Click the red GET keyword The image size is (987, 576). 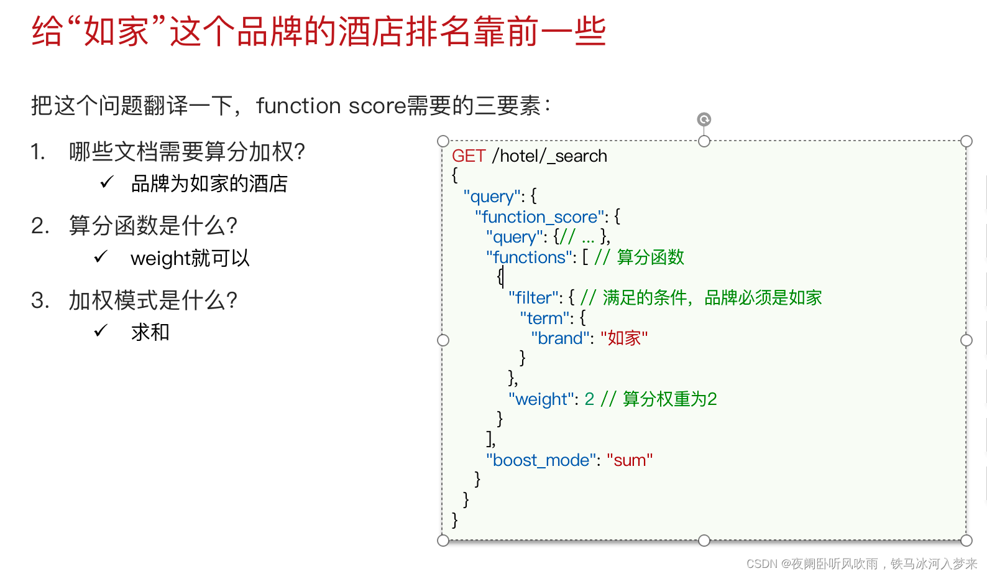[x=468, y=156]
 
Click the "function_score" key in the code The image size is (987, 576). [x=540, y=217]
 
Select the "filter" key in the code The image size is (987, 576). [x=534, y=298]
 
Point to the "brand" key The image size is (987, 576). [x=560, y=338]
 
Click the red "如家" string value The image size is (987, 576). [x=624, y=338]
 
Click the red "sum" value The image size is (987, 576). [x=630, y=460]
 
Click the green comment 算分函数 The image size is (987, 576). [x=650, y=258]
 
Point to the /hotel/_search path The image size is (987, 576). [x=549, y=156]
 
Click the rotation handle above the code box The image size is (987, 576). [x=704, y=119]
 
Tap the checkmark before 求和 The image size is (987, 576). [x=101, y=331]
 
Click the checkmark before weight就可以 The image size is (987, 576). [x=101, y=257]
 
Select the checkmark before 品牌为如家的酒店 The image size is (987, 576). [x=107, y=182]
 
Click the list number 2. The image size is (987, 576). [x=39, y=226]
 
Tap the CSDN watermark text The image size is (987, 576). [x=861, y=564]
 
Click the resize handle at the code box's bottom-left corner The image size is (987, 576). [x=443, y=540]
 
